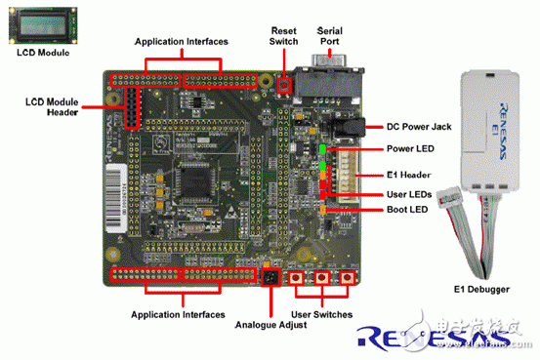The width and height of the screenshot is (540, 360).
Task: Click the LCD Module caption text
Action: pyautogui.click(x=41, y=53)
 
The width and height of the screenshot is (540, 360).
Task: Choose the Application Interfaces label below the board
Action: pyautogui.click(x=180, y=314)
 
